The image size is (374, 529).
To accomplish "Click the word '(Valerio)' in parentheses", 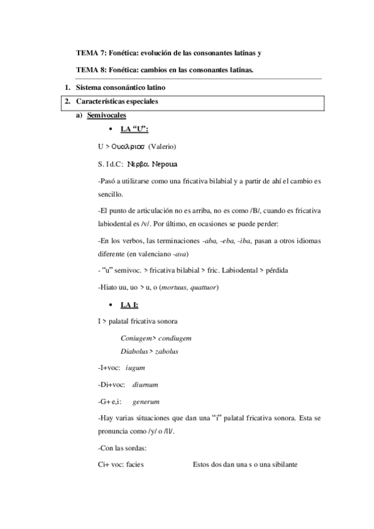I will click(164, 147).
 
